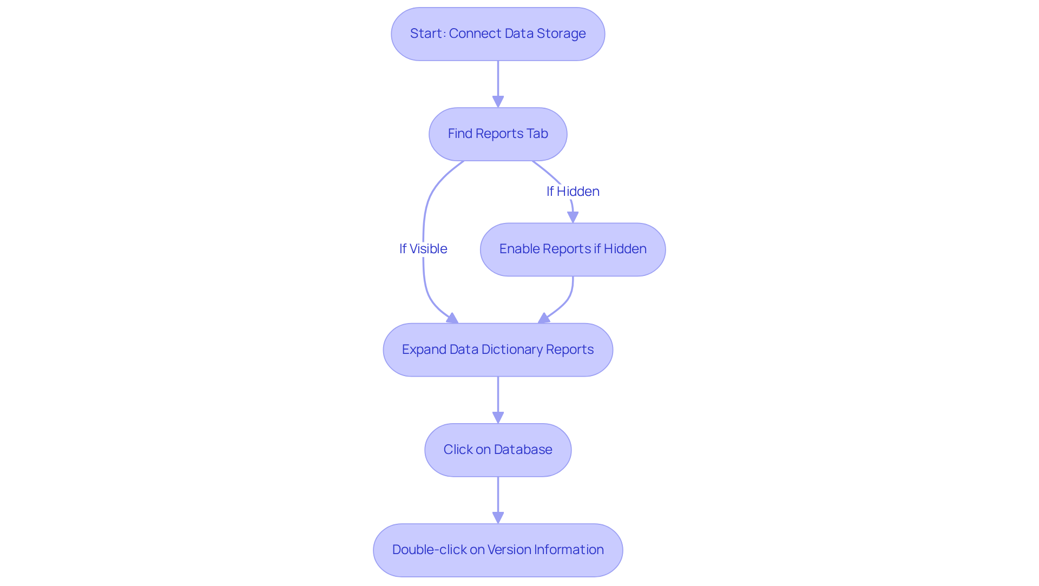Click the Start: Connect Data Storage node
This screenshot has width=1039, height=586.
coord(498,34)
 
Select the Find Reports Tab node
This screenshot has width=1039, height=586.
coord(498,134)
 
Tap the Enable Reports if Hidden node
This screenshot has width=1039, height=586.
coord(573,249)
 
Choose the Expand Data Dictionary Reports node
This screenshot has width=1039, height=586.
coord(498,350)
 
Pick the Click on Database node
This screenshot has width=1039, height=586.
coord(498,450)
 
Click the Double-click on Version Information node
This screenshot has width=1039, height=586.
coord(498,550)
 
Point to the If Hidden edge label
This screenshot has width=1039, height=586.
coord(573,191)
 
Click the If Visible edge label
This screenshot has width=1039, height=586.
coord(423,248)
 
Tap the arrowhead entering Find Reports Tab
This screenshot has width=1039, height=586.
coord(498,102)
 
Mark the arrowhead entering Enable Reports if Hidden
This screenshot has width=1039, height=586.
coord(573,217)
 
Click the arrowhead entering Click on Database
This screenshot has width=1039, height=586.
coord(498,418)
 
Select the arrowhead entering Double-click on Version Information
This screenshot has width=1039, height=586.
coord(498,518)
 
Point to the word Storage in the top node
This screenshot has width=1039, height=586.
coord(561,34)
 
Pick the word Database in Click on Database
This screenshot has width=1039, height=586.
coord(523,450)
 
